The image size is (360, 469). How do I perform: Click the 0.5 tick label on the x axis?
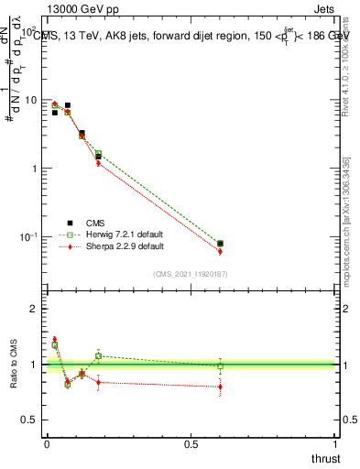click(x=191, y=444)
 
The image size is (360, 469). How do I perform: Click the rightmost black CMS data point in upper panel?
click(x=220, y=244)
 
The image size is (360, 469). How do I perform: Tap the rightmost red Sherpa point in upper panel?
click(x=220, y=251)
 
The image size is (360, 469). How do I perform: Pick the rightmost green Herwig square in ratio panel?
click(x=220, y=366)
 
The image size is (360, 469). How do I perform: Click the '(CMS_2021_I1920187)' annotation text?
click(x=191, y=274)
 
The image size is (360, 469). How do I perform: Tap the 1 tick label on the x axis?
click(x=335, y=444)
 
